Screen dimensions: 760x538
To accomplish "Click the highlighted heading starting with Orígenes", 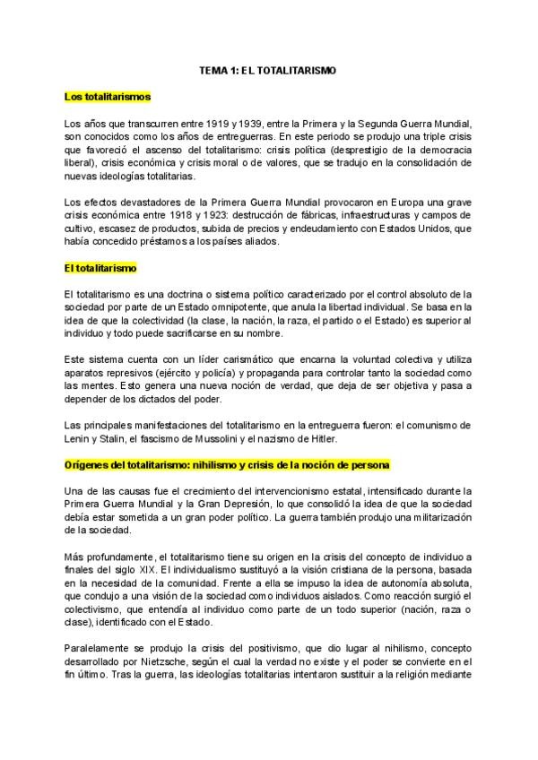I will (226, 467).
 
